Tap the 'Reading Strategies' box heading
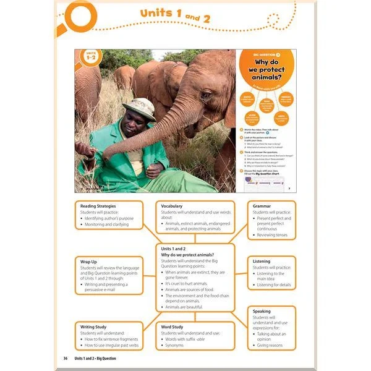[98, 206]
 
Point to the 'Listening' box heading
[262, 262]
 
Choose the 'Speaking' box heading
[262, 311]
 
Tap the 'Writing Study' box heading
[98, 326]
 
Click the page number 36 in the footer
[66, 359]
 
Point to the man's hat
[139, 107]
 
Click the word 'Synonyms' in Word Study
[178, 347]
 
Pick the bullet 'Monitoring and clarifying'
[107, 224]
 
